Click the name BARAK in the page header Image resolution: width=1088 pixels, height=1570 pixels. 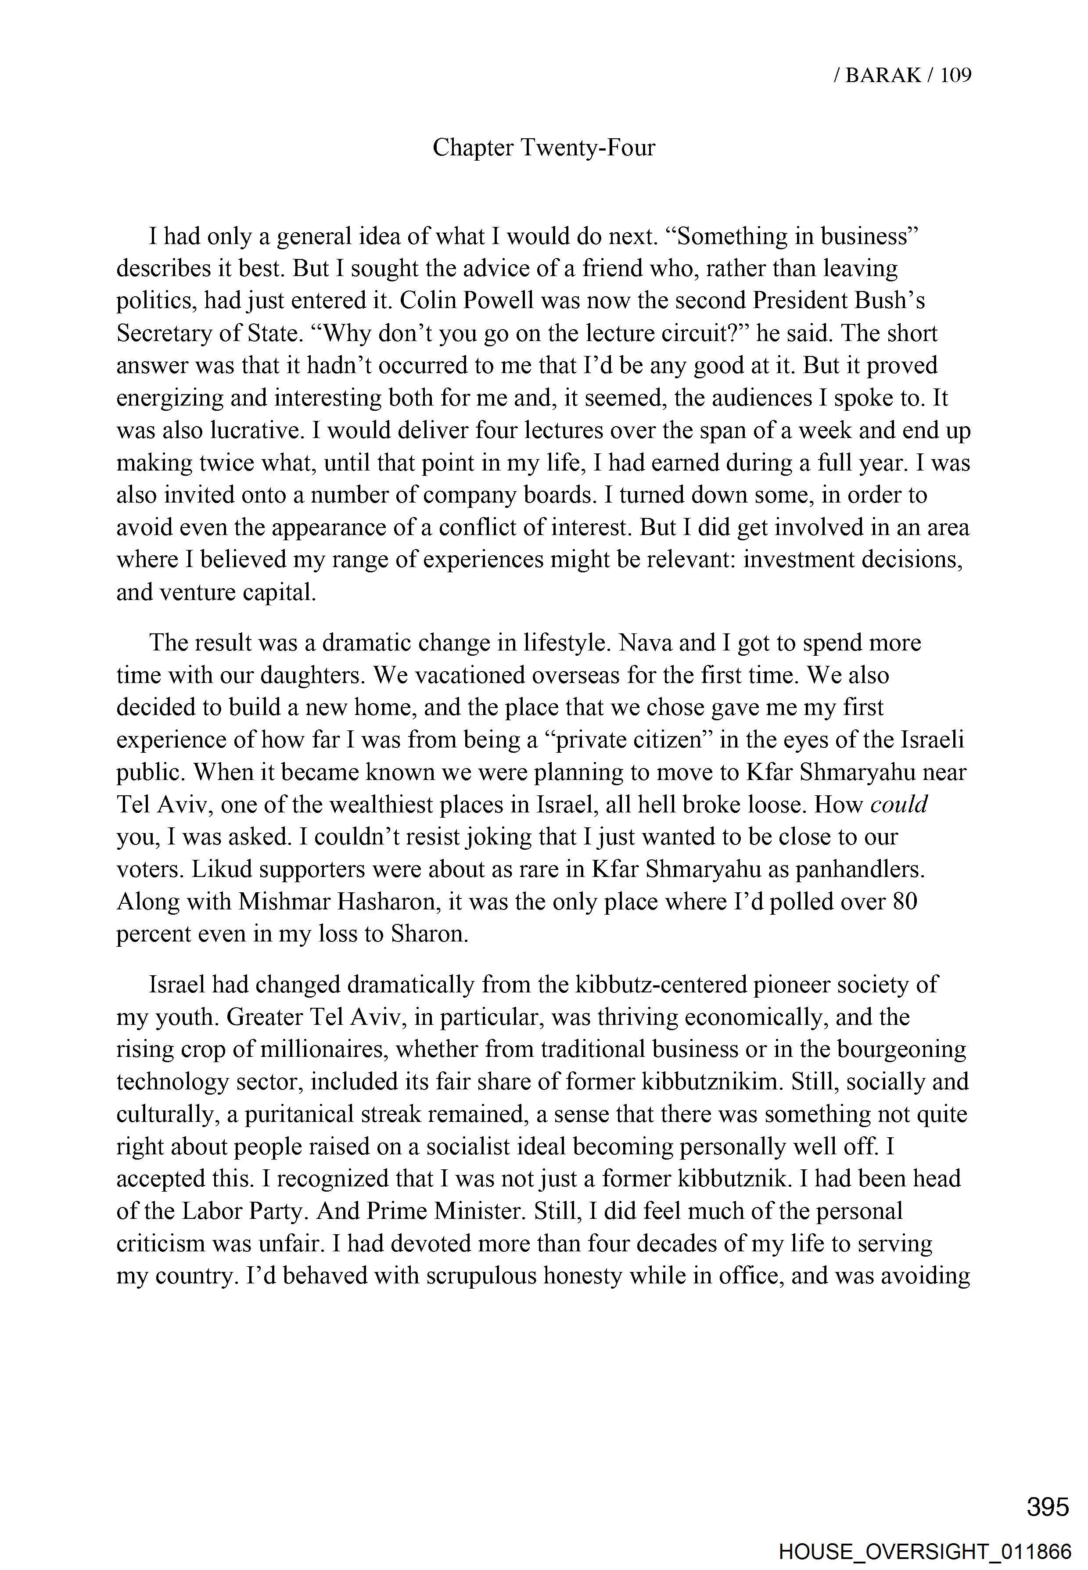tap(883, 75)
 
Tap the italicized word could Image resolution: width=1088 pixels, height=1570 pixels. tap(899, 805)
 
